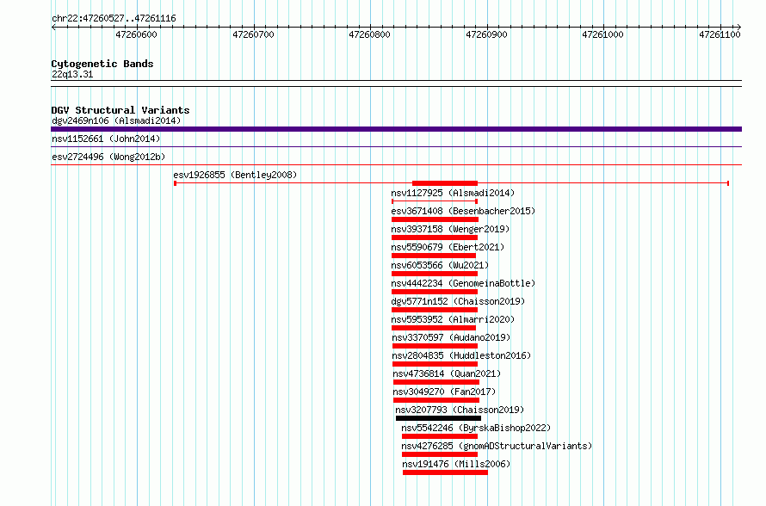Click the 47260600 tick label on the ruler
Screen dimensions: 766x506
(x=136, y=34)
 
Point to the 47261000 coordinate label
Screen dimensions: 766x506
(x=602, y=34)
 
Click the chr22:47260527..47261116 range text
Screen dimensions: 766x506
(x=114, y=19)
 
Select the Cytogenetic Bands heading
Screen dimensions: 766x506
(x=102, y=64)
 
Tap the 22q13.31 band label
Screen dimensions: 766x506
(x=72, y=74)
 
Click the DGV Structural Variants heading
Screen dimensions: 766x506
(x=120, y=110)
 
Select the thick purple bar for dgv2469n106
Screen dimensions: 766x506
(x=396, y=129)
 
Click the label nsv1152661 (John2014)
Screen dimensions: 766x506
(x=106, y=139)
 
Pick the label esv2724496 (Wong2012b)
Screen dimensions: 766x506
(x=108, y=157)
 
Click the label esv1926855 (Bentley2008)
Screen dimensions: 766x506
(x=235, y=175)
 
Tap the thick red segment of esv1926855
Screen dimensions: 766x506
(x=445, y=183)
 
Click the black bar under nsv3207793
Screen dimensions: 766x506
(x=438, y=418)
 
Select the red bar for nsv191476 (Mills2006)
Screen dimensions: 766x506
(x=445, y=472)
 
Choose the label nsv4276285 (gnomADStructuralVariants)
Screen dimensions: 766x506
(x=497, y=446)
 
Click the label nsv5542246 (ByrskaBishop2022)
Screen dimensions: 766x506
(x=476, y=428)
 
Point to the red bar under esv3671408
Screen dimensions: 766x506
(x=435, y=219)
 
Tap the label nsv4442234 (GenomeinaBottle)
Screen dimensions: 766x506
(x=463, y=283)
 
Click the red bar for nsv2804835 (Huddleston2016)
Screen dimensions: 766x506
(x=435, y=364)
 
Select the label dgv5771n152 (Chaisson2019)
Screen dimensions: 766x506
(x=458, y=301)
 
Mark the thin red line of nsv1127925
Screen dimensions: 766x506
(x=435, y=201)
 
